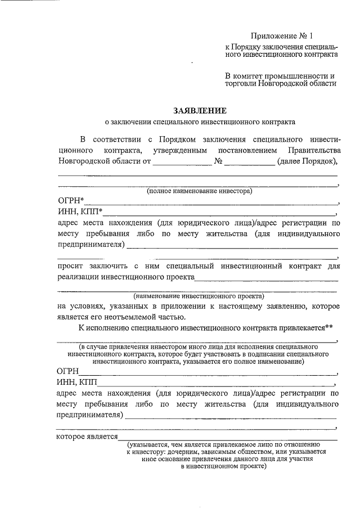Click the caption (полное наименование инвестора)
point(200,191)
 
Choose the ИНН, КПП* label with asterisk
point(80,212)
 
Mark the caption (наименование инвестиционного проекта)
point(199,296)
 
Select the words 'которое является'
point(87,437)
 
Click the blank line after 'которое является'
point(228,438)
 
